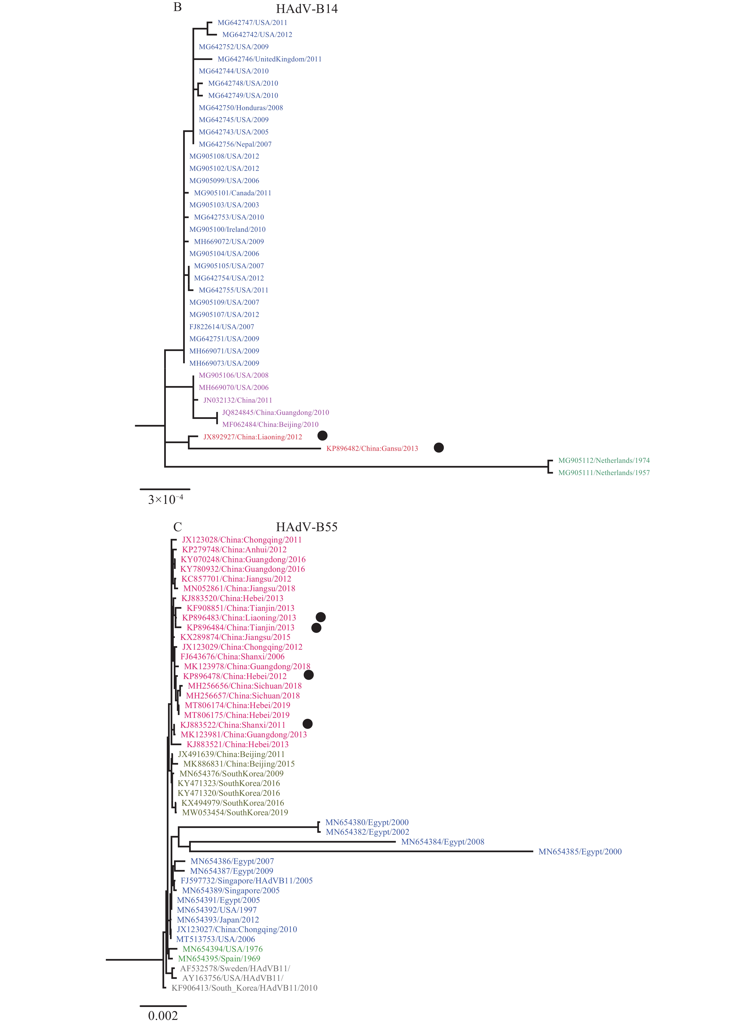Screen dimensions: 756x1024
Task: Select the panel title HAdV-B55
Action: [307, 527]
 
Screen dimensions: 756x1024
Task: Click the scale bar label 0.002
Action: [163, 1016]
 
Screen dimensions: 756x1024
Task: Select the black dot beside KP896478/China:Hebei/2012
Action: [309, 675]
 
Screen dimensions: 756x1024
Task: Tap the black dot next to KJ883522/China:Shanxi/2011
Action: [307, 724]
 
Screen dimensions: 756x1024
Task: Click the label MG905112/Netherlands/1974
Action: [604, 461]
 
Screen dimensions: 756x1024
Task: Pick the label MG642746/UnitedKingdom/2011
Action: [270, 59]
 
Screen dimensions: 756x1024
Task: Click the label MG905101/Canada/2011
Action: [233, 193]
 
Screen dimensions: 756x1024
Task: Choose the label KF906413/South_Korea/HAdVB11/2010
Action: [244, 988]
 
